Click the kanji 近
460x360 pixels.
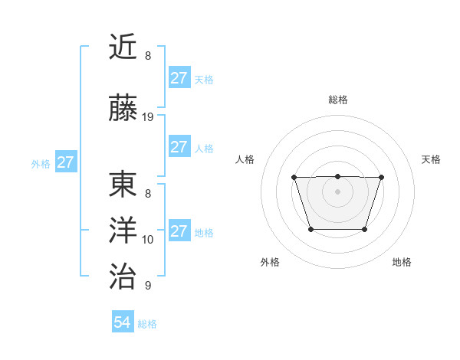(x=124, y=47)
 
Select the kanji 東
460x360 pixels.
(x=124, y=185)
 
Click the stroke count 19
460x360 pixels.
(x=148, y=117)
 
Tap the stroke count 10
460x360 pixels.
(x=148, y=240)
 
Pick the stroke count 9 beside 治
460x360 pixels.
(x=148, y=286)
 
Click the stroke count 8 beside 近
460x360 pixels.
(x=148, y=56)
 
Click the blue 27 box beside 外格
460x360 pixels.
(x=66, y=162)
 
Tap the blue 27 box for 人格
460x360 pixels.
(x=179, y=147)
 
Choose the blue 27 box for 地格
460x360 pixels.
(x=179, y=231)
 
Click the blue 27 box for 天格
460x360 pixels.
(x=179, y=78)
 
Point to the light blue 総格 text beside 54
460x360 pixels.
(x=147, y=324)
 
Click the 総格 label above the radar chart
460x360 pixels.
(x=337, y=100)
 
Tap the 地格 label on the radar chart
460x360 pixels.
(x=402, y=262)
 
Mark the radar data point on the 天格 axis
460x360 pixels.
(x=381, y=178)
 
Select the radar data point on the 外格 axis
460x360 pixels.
(x=310, y=229)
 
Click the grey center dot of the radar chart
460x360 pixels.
(x=337, y=191)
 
